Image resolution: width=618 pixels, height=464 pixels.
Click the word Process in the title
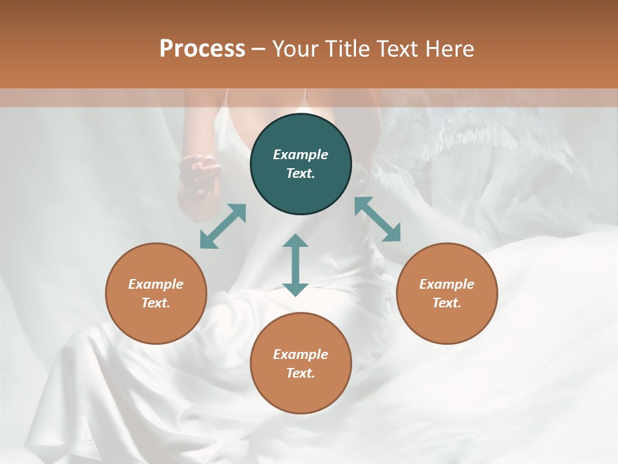pos(202,49)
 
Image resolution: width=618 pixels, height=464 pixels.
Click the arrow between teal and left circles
pos(223,226)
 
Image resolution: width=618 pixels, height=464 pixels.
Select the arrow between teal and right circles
pos(377,219)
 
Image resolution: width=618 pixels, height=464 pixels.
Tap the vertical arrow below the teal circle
pos(295,265)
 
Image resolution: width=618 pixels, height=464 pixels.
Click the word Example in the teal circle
pos(301,155)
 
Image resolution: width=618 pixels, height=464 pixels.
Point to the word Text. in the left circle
pos(156,303)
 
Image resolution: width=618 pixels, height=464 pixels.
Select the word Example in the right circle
pos(447,284)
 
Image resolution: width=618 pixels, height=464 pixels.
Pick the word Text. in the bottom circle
pos(301,373)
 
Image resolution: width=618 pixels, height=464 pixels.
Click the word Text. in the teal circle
pos(301,173)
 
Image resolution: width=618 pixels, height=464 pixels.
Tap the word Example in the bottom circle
pos(301,354)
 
